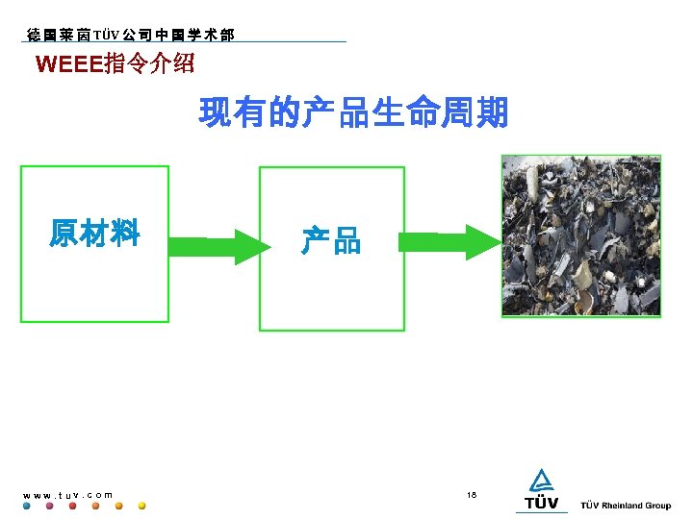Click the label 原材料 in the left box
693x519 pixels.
[x=95, y=234]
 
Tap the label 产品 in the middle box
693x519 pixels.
[x=330, y=240]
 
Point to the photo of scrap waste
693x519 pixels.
[x=580, y=235]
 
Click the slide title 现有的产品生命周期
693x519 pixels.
[x=353, y=114]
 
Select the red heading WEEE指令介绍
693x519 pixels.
[x=115, y=65]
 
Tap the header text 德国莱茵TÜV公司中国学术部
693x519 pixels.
[x=128, y=35]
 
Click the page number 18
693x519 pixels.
[x=472, y=494]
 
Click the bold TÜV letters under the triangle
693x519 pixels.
[x=541, y=503]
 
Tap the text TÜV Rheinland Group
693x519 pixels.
[x=626, y=506]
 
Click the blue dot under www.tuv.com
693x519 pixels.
[x=27, y=506]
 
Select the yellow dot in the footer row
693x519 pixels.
[x=141, y=506]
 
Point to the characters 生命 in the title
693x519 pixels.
[x=405, y=114]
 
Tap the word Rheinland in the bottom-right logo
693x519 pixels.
[x=623, y=506]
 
